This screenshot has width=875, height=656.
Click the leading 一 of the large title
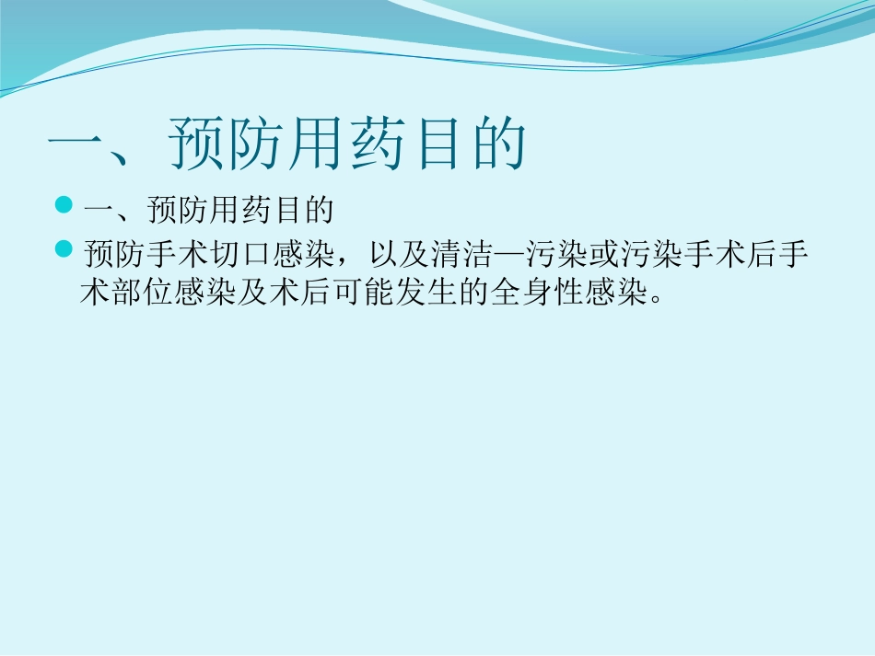(x=78, y=144)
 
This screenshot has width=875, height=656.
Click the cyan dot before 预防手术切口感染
(x=64, y=249)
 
